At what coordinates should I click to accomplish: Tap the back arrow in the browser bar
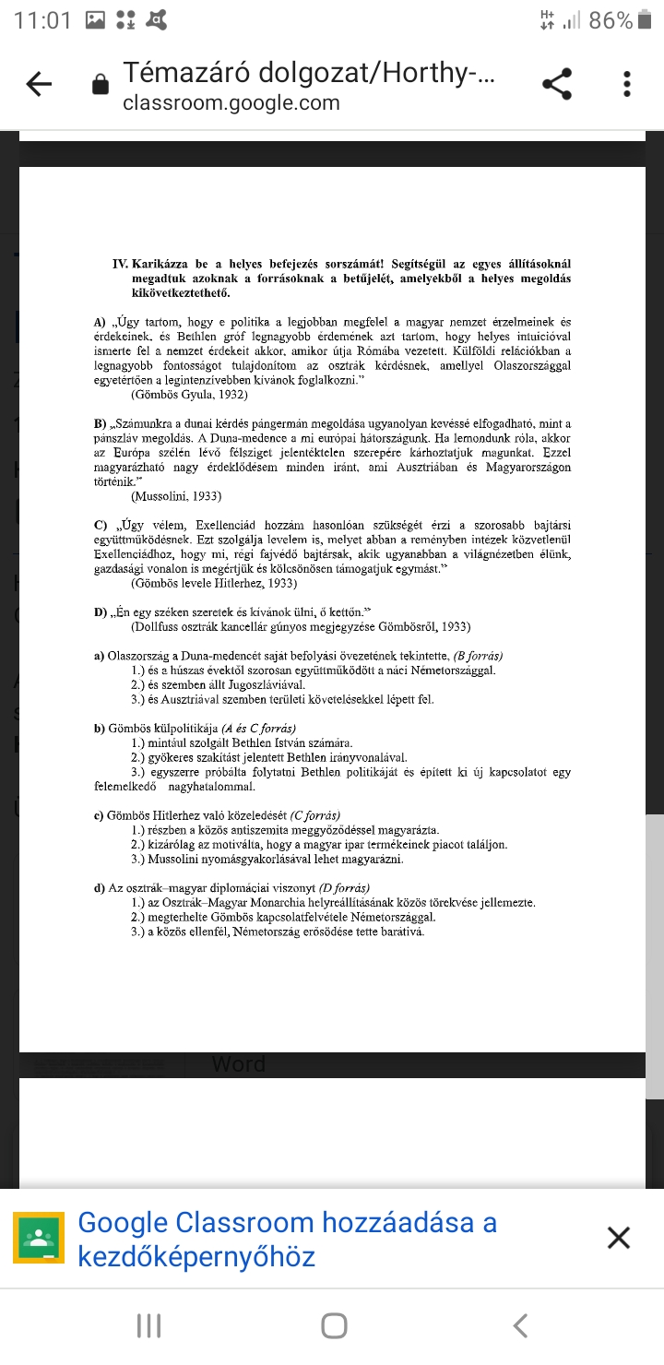point(39,85)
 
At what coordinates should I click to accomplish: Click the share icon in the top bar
point(557,85)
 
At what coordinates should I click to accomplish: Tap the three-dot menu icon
point(627,85)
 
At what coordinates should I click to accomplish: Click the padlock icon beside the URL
point(101,86)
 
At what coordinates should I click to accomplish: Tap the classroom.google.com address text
point(231,102)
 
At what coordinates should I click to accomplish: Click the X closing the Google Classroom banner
point(619,1238)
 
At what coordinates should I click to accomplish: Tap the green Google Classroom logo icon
point(39,1238)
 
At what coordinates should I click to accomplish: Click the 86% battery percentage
point(611,20)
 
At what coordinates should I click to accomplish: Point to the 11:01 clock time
point(42,20)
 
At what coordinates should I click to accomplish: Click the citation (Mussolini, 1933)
point(176,496)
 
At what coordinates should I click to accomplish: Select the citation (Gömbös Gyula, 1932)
point(189,395)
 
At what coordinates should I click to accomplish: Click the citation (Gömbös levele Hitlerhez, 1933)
point(214,584)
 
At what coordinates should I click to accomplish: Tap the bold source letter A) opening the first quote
point(101,323)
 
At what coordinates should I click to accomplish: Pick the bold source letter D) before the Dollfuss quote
point(101,612)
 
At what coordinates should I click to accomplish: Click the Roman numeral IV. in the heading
point(120,264)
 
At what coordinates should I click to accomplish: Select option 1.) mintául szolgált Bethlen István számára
point(242,743)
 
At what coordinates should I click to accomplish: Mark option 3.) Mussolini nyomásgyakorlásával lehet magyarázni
point(267,859)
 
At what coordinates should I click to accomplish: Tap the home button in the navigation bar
point(334,1325)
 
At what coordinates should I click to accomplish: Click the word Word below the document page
point(238,1063)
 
